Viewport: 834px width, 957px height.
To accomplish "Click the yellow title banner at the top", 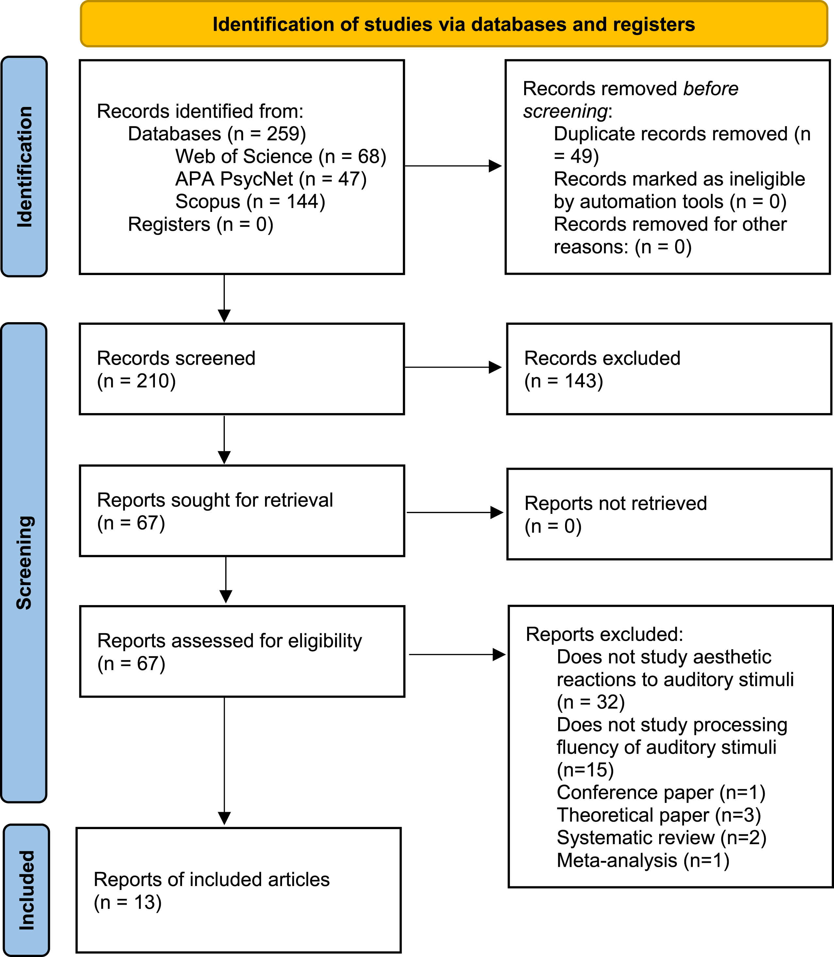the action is pyautogui.click(x=454, y=24).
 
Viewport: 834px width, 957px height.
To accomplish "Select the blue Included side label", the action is pyautogui.click(x=26, y=890).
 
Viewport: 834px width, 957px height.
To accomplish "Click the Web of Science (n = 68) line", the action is pyautogui.click(x=281, y=156).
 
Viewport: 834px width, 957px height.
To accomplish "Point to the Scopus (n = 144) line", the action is pyautogui.click(x=250, y=202).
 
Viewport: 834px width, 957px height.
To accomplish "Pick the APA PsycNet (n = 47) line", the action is pyautogui.click(x=271, y=179).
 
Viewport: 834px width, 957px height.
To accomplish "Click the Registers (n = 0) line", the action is pyautogui.click(x=201, y=224).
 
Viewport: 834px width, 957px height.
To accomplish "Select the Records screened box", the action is pyautogui.click(x=242, y=369).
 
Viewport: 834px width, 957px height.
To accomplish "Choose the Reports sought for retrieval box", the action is pyautogui.click(x=242, y=511).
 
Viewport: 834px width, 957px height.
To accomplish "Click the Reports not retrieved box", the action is pyautogui.click(x=669, y=514).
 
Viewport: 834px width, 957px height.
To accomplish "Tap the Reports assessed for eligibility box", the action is pyautogui.click(x=242, y=652).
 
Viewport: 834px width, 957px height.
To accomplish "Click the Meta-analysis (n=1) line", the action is pyautogui.click(x=643, y=860).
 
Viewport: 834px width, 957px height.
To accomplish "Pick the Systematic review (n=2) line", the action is pyautogui.click(x=662, y=837).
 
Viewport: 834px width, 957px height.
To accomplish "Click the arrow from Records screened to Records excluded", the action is pyautogui.click(x=453, y=367).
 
